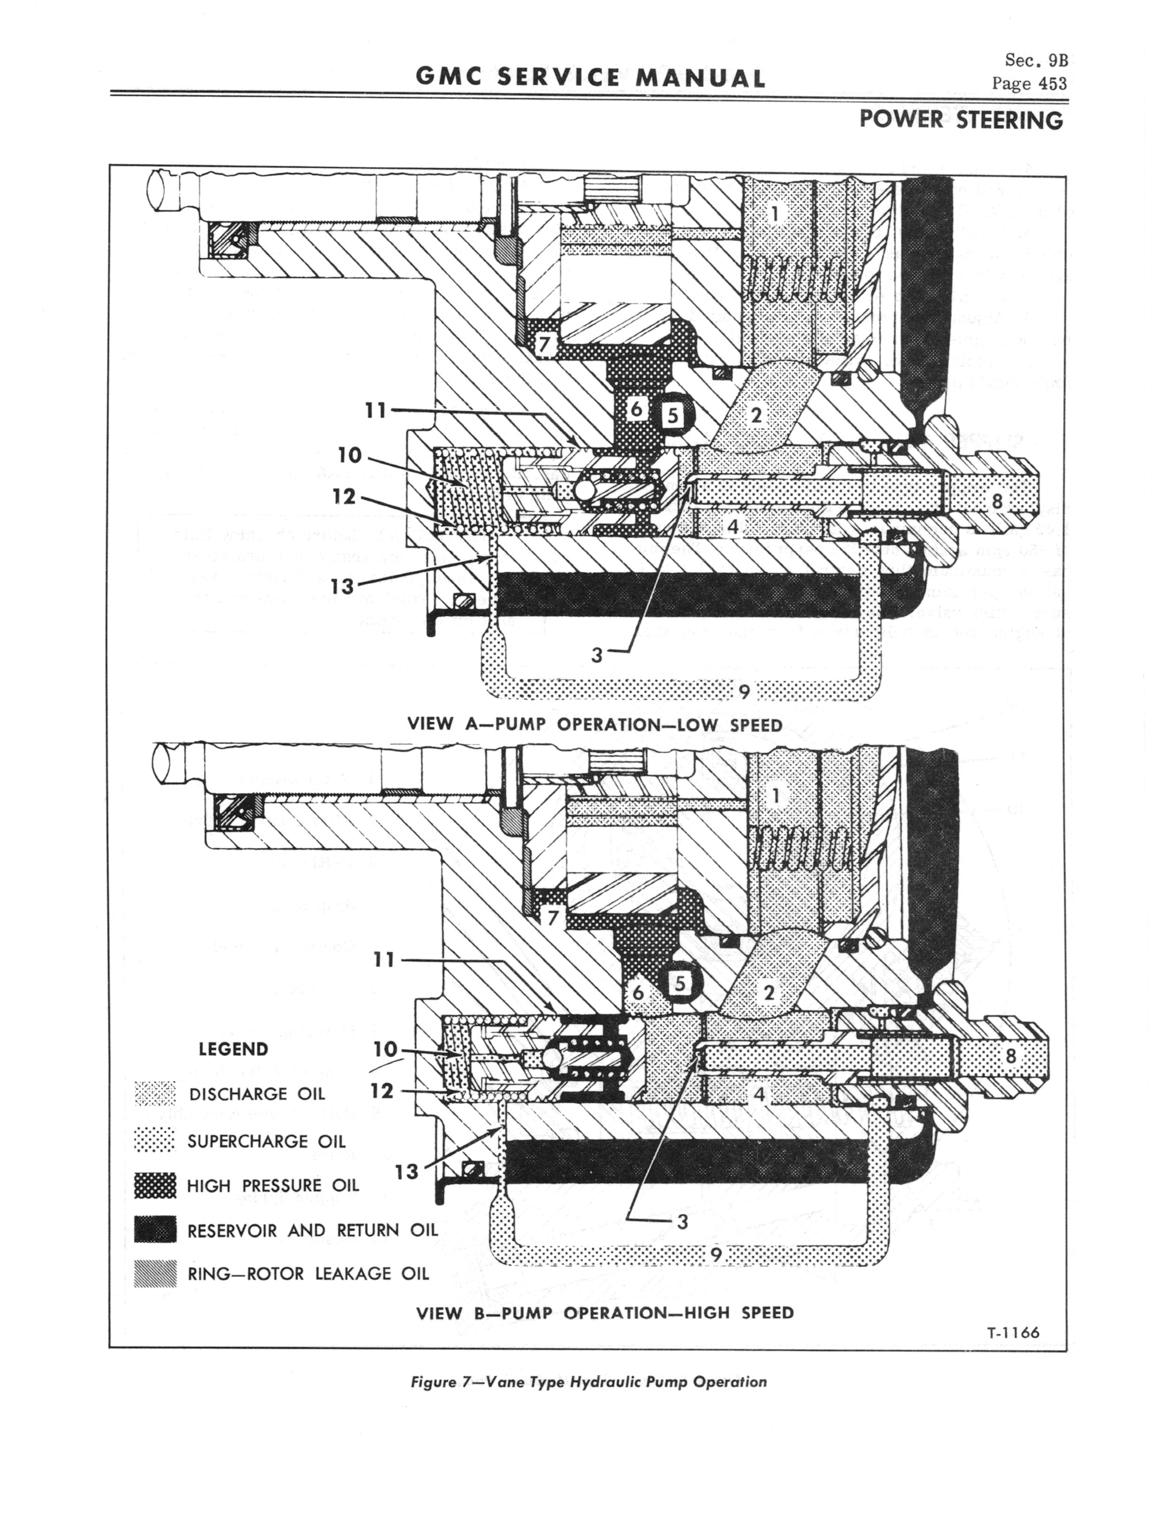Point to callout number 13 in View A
pyautogui.click(x=342, y=587)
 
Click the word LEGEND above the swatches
pyautogui.click(x=233, y=1049)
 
